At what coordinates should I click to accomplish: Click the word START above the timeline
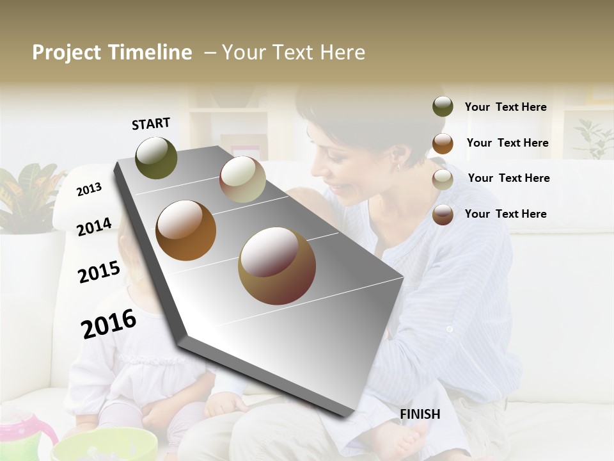151,124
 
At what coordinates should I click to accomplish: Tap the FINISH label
420,414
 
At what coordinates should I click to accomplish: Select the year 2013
89,189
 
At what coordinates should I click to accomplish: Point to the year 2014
94,227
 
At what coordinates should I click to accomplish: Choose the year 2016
109,324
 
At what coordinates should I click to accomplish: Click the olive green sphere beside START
156,158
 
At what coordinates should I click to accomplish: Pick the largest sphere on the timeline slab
277,266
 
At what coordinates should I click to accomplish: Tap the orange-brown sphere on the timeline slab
185,230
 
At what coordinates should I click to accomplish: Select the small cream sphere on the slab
242,179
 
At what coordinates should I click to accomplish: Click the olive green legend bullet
443,107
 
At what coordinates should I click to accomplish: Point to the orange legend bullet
443,143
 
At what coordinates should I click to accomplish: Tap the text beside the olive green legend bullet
505,107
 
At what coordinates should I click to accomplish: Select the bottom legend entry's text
505,214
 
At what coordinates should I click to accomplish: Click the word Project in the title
67,53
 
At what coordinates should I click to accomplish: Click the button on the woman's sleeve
450,329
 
